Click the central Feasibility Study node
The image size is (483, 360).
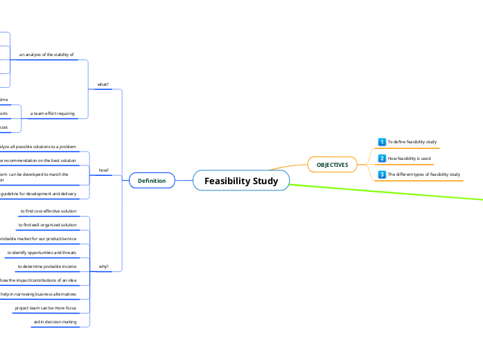(241, 181)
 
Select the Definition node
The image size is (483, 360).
(152, 181)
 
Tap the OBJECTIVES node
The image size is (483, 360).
(332, 165)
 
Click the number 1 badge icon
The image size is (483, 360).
(382, 142)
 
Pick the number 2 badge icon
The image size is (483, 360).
(382, 159)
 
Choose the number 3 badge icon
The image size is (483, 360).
(382, 174)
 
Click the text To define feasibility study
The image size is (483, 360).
(412, 142)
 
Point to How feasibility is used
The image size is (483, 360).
(409, 159)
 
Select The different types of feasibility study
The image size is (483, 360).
(423, 174)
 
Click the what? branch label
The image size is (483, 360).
(103, 84)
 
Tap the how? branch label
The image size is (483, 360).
(103, 170)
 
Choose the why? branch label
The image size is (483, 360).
(103, 266)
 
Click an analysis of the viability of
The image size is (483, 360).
(46, 54)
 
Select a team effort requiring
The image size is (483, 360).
(53, 113)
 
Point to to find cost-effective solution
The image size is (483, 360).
(49, 210)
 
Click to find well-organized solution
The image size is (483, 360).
(47, 225)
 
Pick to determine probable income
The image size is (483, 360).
(47, 266)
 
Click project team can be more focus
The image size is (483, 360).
(46, 307)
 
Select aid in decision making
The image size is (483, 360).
(55, 322)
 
